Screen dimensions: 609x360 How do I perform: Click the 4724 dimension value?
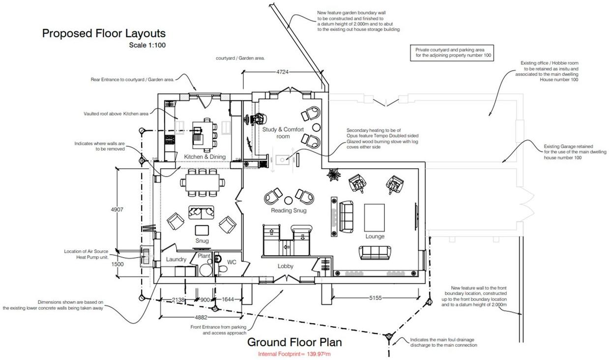coord(282,72)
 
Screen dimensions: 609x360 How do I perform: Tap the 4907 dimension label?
coord(117,210)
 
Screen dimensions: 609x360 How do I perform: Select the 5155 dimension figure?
coord(375,298)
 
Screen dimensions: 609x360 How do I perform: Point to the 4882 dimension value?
coord(201,317)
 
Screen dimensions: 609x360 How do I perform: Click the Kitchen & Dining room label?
coord(205,157)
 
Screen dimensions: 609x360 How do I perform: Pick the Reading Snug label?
coord(289,210)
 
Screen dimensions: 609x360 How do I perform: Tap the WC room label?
coord(232,262)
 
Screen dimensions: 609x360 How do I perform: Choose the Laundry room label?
coord(176,259)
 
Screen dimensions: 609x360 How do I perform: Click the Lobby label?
coord(285,266)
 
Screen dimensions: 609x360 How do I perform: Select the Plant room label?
coord(204,256)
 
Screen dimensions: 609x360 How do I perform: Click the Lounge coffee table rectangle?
coord(375,218)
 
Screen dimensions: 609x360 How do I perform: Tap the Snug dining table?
coord(203,182)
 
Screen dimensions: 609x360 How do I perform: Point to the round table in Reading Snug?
coord(288,200)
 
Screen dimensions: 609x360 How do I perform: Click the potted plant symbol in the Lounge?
coord(333,175)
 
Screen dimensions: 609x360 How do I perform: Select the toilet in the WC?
coord(222,269)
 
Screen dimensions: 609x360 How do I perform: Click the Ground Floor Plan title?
coord(294,342)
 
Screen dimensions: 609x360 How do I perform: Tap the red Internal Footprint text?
coord(294,354)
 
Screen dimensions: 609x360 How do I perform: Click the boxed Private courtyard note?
coord(452,53)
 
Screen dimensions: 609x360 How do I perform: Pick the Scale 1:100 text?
coord(147,45)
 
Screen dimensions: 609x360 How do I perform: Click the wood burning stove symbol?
coord(283,160)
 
